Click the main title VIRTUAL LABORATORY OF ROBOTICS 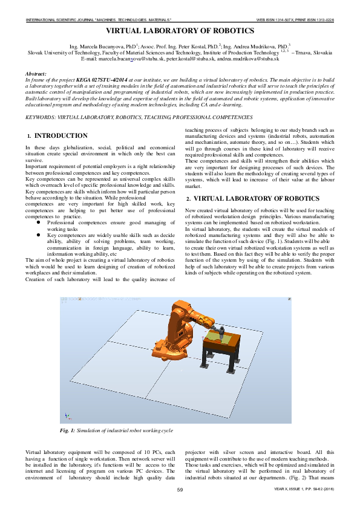click(180, 30)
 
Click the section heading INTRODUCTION click(61, 136)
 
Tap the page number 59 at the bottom click(180, 490)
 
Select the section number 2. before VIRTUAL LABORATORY click(188, 199)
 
